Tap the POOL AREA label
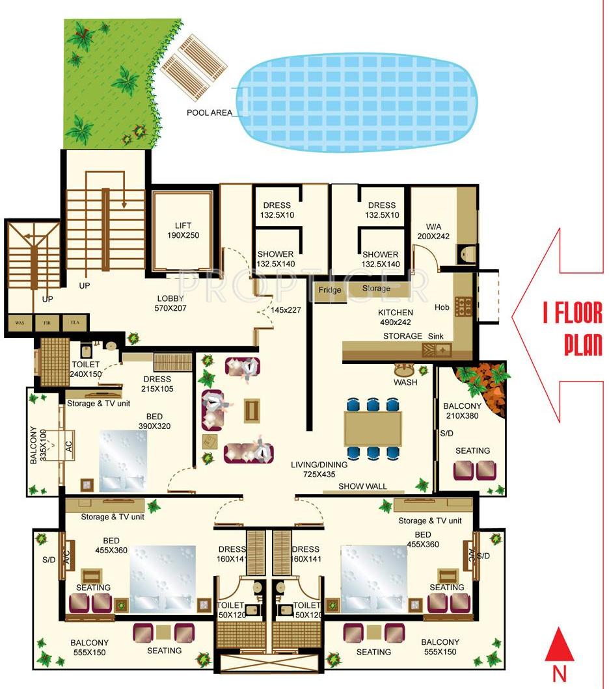pyautogui.click(x=210, y=112)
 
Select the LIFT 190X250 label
pyautogui.click(x=183, y=231)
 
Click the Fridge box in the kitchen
pyautogui.click(x=329, y=290)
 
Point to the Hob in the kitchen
pyautogui.click(x=463, y=305)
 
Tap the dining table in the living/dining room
pyautogui.click(x=373, y=428)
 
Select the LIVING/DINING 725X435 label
pyautogui.click(x=319, y=469)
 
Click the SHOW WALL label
pyautogui.click(x=362, y=486)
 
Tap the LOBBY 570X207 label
pyautogui.click(x=171, y=304)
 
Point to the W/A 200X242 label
pyautogui.click(x=433, y=231)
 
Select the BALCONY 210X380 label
pyautogui.click(x=462, y=411)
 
